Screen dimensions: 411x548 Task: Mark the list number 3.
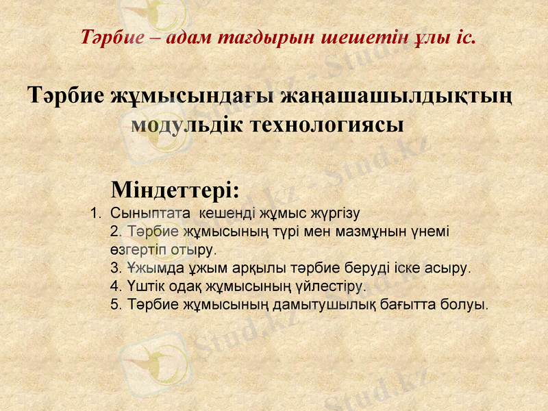[115, 266]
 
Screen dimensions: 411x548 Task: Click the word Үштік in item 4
[145, 284]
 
